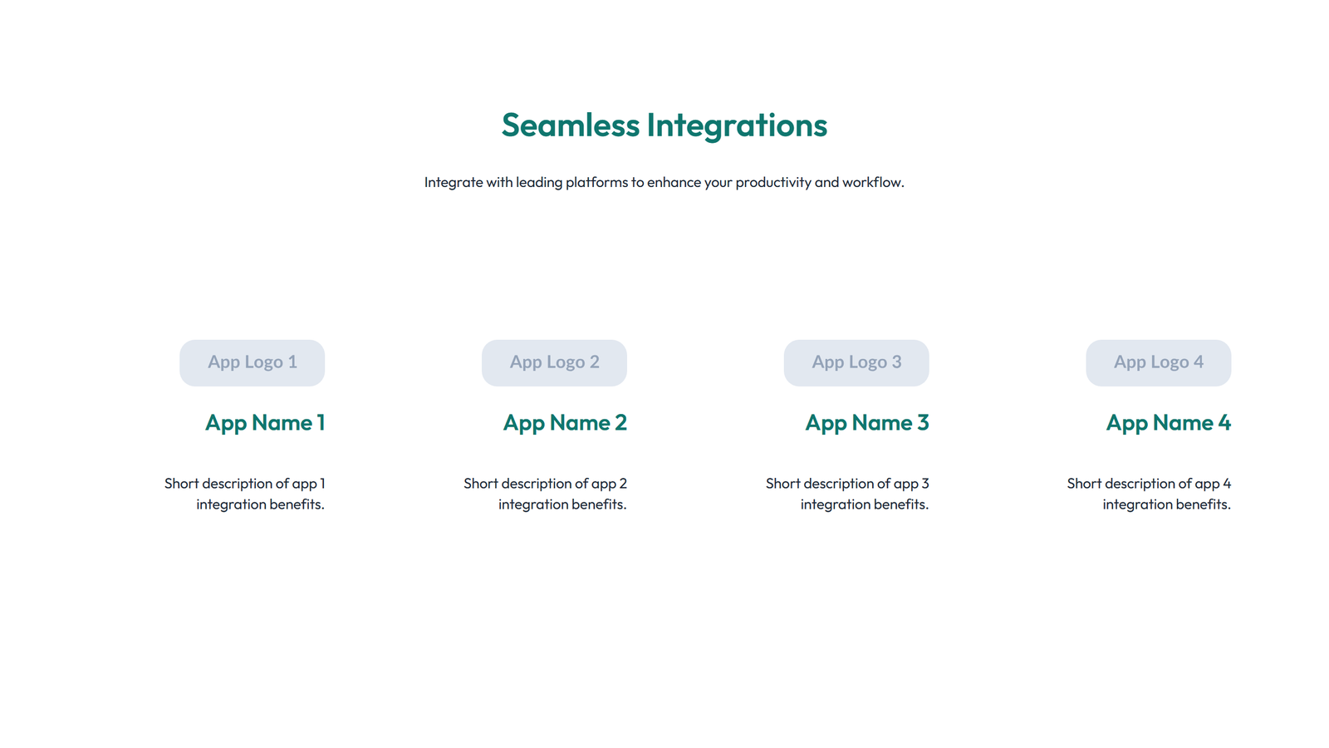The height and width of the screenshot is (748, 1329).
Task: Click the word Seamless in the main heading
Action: click(x=570, y=125)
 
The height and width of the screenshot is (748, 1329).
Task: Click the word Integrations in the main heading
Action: click(x=737, y=125)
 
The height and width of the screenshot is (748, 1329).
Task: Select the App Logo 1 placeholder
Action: click(x=252, y=362)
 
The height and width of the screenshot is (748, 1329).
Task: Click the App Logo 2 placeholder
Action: click(x=554, y=362)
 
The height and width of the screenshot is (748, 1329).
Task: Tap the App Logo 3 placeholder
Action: click(x=856, y=362)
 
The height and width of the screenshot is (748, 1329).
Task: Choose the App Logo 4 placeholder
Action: click(x=1158, y=362)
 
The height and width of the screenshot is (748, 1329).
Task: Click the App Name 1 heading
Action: click(x=265, y=423)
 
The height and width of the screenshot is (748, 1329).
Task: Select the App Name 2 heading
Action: click(x=565, y=423)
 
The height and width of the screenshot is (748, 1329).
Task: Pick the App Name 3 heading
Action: click(x=867, y=423)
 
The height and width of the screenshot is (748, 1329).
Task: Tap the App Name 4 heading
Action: click(x=1168, y=423)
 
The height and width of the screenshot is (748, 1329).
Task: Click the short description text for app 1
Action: click(x=245, y=494)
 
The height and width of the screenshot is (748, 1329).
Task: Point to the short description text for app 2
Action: click(x=546, y=494)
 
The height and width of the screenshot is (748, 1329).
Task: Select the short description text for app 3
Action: click(x=847, y=494)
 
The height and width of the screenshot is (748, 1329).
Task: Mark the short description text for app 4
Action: click(x=1149, y=494)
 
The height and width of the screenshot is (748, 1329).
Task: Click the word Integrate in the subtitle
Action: click(x=454, y=182)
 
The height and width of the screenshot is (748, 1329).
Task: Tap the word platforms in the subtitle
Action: click(x=596, y=182)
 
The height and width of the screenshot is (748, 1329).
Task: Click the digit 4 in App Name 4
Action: click(x=1224, y=423)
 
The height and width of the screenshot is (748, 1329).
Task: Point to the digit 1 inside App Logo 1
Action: click(x=292, y=362)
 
